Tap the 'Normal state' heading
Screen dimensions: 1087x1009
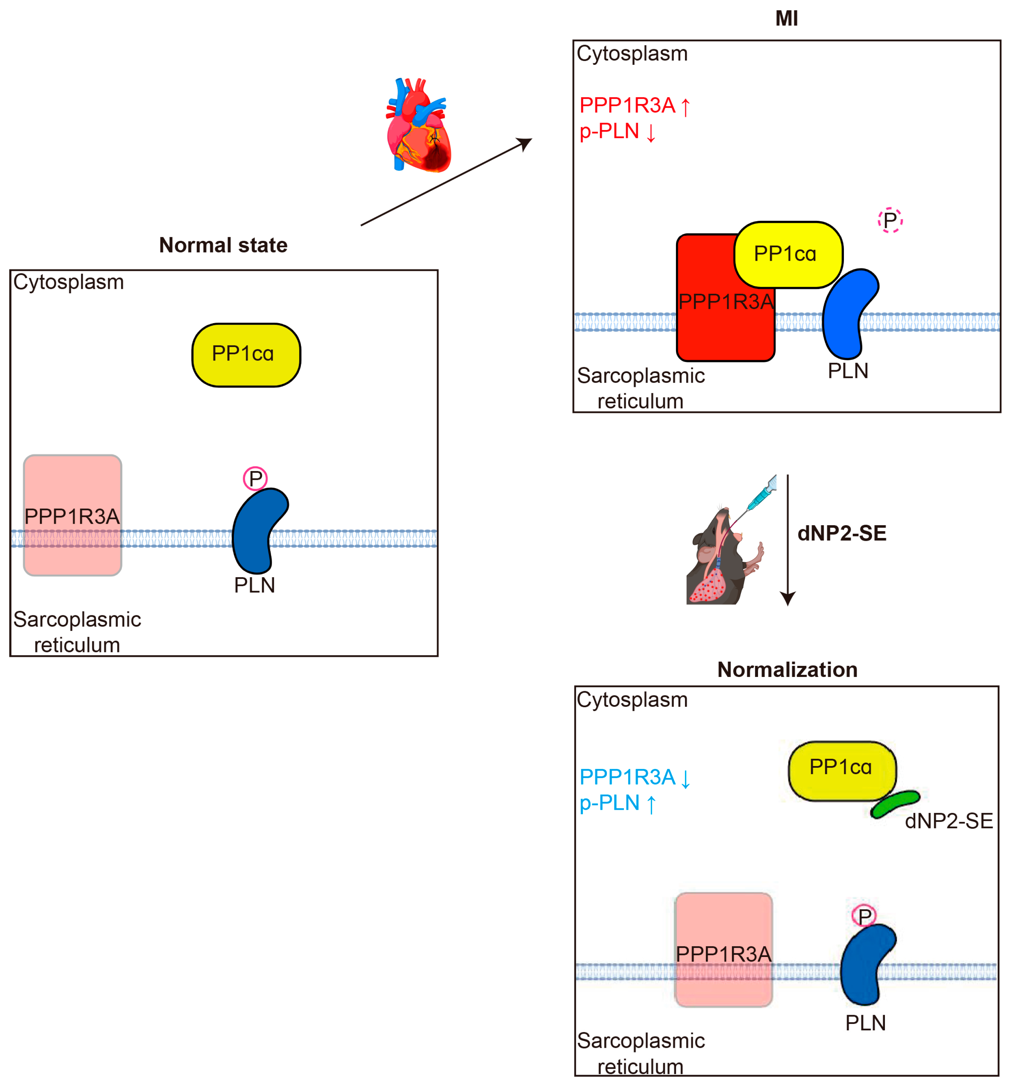[x=223, y=245]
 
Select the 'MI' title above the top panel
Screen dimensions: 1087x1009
[x=786, y=19]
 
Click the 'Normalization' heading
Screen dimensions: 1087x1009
[x=787, y=669]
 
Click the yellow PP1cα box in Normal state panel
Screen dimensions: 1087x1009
[x=246, y=355]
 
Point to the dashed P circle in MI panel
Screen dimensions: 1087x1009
[x=890, y=221]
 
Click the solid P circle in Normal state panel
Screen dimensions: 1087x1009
[x=255, y=478]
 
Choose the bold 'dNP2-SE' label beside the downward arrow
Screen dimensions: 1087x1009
[x=842, y=533]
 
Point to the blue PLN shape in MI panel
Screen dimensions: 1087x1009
[x=847, y=314]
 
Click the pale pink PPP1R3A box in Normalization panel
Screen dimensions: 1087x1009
[x=723, y=949]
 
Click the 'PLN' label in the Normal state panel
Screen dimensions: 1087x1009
[x=255, y=585]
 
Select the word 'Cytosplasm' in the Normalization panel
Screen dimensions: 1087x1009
[x=632, y=700]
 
